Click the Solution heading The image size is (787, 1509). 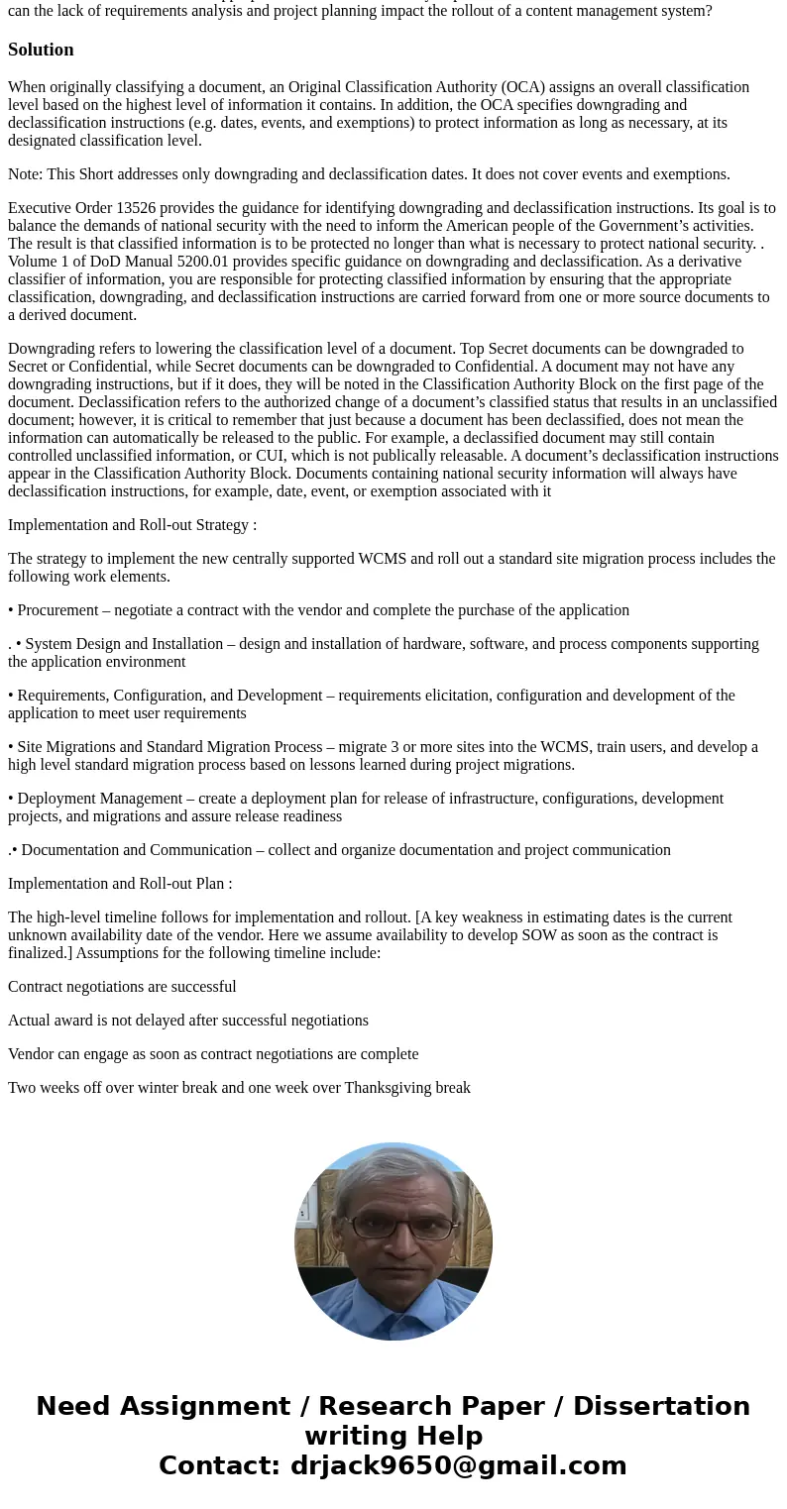pos(41,50)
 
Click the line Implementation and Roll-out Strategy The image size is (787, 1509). pos(132,525)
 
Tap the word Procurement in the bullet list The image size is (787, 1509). pos(57,610)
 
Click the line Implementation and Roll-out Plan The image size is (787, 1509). pos(120,884)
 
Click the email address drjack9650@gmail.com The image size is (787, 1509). pos(458,1465)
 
